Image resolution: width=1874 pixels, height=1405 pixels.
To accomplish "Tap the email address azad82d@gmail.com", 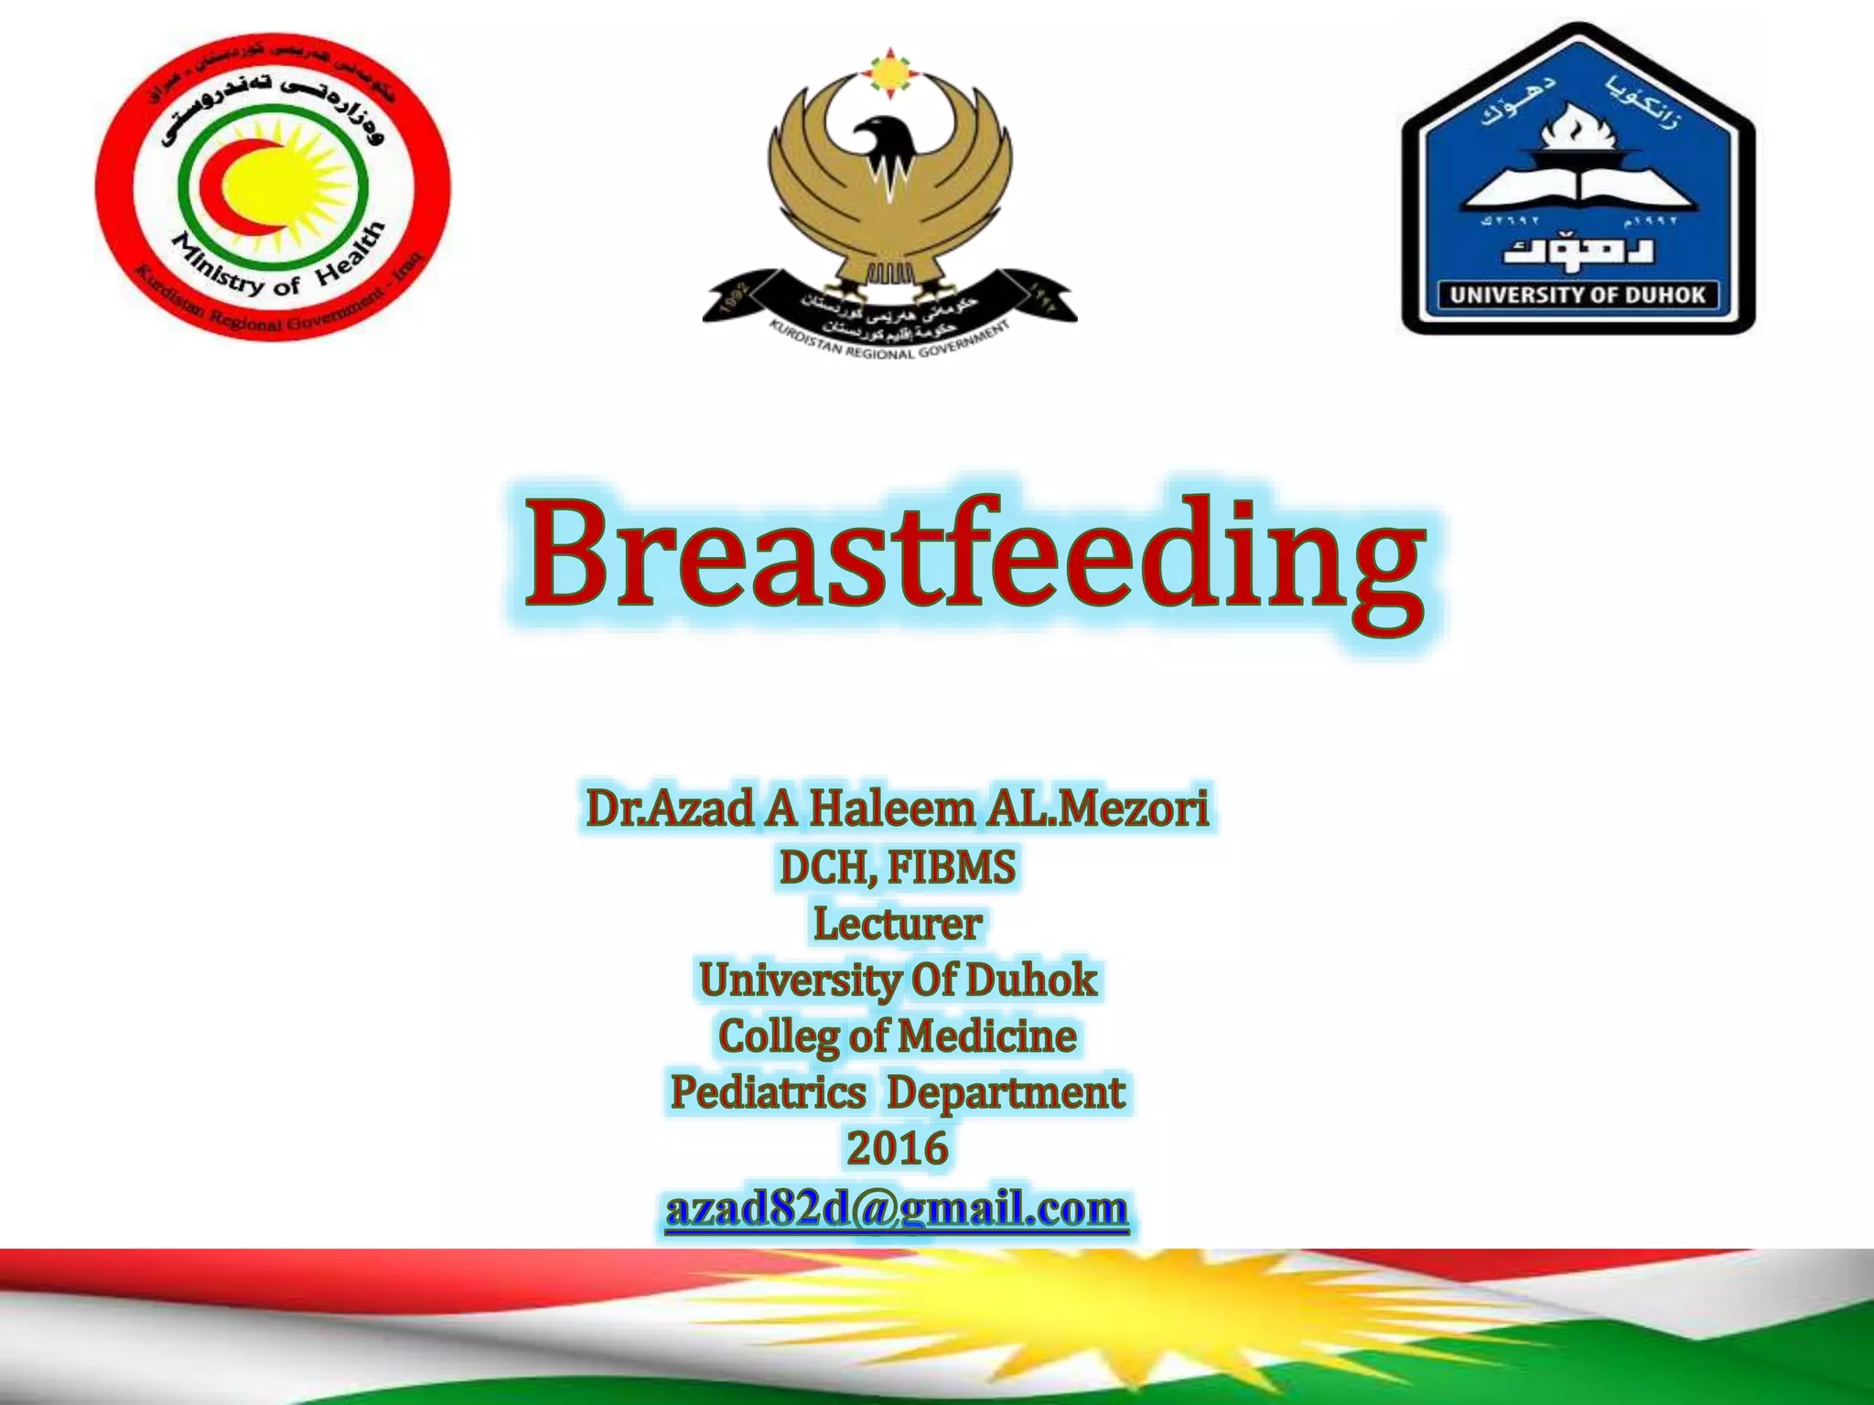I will click(x=897, y=1208).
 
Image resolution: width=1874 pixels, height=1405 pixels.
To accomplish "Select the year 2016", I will click(x=897, y=1148).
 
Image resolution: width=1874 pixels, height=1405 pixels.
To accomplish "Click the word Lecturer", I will click(x=898, y=923).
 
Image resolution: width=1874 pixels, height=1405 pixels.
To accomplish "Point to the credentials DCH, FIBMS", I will click(x=897, y=867).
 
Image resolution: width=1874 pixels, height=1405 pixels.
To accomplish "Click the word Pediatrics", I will click(x=768, y=1092).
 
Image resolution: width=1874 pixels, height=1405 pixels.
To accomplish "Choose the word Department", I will click(x=1006, y=1092).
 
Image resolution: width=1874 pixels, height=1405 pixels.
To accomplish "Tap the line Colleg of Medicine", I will click(x=897, y=1036).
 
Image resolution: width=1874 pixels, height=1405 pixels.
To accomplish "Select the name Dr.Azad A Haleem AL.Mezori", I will click(x=897, y=809).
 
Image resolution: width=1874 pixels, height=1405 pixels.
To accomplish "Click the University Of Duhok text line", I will click(x=897, y=980).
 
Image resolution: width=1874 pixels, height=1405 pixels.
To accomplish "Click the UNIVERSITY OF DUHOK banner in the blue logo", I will click(x=1578, y=295).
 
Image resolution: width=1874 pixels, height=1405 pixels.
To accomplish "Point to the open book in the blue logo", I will click(x=1577, y=187).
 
